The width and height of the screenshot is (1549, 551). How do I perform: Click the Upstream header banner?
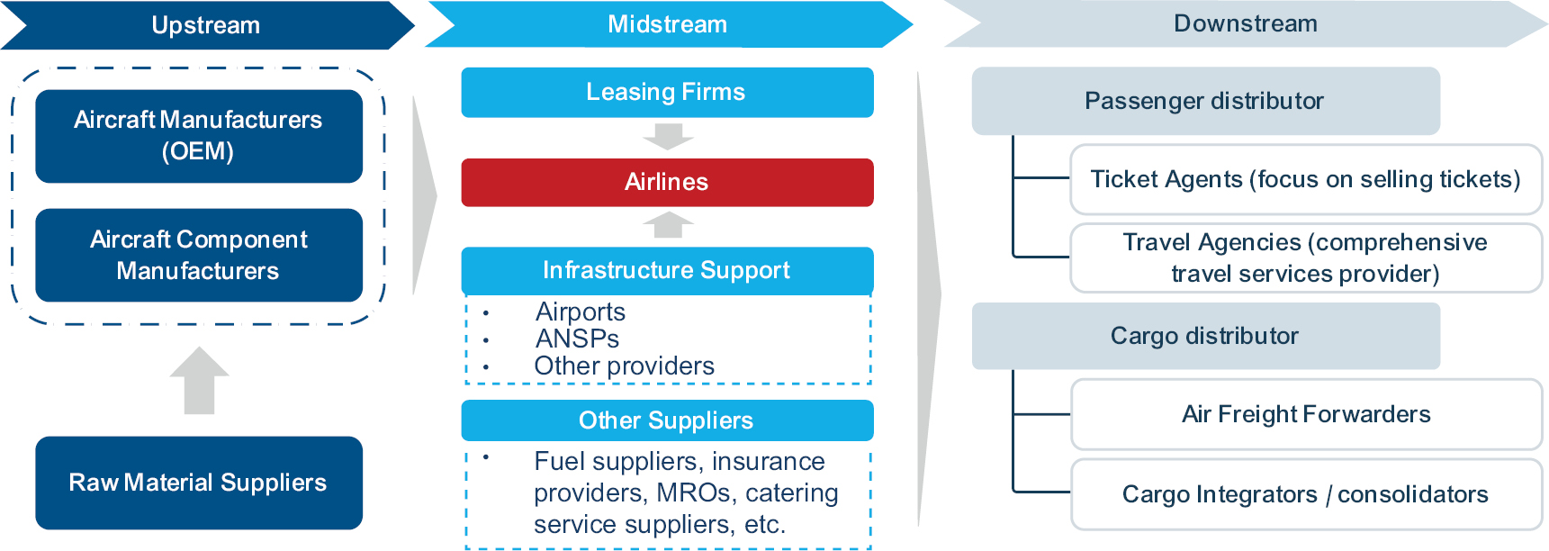coord(206,25)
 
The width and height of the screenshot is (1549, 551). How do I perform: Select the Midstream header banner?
coord(667,24)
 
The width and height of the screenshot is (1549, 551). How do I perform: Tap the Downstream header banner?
coord(1245,24)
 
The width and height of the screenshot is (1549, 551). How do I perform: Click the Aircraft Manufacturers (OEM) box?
coord(199,136)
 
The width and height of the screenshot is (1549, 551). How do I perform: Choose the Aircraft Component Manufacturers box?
coord(199,255)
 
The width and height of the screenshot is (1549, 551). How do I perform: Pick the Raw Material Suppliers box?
coord(199,483)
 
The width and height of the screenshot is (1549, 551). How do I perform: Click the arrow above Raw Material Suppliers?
coord(199,381)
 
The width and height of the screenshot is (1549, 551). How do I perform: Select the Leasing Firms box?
coord(667,92)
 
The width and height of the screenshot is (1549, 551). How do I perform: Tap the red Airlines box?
coord(667,182)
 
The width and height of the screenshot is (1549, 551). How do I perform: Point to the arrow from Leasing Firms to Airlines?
coord(668,137)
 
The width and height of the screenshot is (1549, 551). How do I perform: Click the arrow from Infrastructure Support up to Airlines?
coord(668,225)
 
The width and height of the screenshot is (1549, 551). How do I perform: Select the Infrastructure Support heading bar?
coord(667,270)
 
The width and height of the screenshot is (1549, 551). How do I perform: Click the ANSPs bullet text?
coord(578,339)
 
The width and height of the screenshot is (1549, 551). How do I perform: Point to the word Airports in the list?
coord(581,312)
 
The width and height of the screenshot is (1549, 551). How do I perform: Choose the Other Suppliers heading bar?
coord(667,420)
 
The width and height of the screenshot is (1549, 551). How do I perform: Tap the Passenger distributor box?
coord(1205,101)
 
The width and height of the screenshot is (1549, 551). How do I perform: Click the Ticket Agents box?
coord(1305,179)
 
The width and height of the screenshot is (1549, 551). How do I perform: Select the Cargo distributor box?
coord(1205,336)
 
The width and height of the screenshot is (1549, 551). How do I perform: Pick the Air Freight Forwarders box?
coord(1306,414)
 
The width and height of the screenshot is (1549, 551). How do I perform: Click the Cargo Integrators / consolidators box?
coord(1306,494)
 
